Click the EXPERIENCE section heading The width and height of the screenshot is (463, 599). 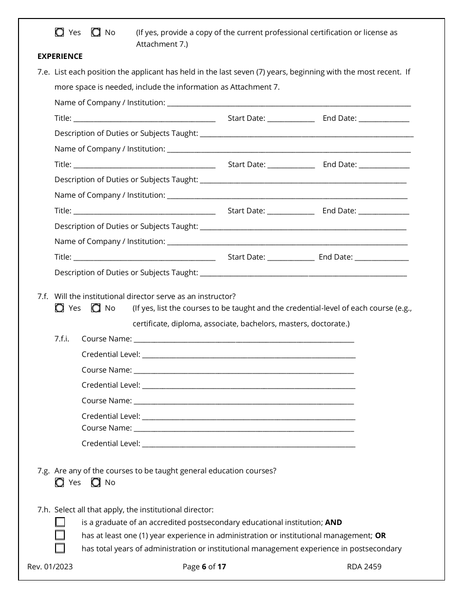pos(60,56)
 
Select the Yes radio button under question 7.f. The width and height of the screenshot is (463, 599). pos(59,308)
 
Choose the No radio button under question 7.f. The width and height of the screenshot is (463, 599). pos(96,308)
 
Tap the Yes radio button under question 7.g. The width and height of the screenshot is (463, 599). pos(59,483)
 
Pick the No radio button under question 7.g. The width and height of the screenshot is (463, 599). pos(96,483)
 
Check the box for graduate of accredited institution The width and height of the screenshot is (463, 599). pos(60,523)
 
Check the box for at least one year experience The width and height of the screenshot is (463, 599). pos(60,536)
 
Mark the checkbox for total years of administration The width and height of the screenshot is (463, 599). pos(60,549)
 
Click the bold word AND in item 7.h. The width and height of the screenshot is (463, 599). pos(333,523)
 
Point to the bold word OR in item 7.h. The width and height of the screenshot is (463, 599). pos(380,536)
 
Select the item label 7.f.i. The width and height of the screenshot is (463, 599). pos(62,339)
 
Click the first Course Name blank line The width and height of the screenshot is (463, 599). pos(244,340)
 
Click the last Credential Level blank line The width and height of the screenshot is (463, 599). pos(249,445)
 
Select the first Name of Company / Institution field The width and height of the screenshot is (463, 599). pos(289,104)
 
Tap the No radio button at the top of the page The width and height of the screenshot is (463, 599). pos(96,33)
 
